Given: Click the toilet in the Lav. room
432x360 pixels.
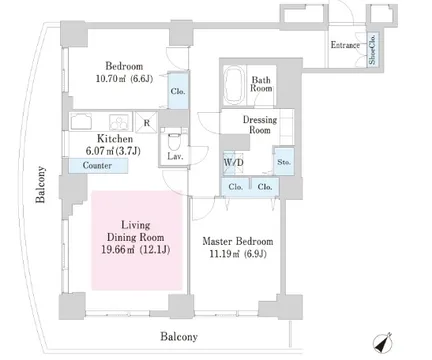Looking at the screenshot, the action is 174,143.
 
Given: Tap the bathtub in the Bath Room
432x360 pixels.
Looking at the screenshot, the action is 234,85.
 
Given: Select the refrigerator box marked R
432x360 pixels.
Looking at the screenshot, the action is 147,122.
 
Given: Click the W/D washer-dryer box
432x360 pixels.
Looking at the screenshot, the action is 233,163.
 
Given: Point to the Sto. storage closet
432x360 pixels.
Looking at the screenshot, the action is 284,162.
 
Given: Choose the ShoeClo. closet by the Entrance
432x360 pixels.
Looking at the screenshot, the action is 372,49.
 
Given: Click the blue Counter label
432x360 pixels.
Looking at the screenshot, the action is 98,165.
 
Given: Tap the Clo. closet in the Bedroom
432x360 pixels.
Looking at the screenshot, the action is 178,91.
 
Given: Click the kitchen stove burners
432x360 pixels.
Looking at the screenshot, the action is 119,122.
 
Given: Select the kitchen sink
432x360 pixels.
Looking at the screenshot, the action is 81,121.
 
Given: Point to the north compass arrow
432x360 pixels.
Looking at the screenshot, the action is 382,343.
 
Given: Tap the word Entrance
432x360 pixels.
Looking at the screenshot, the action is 345,45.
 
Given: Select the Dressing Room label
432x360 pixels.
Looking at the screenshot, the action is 260,124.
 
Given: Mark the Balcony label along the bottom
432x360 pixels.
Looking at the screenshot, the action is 179,337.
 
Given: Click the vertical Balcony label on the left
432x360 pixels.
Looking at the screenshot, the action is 41,184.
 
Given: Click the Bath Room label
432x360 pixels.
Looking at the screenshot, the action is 261,84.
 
